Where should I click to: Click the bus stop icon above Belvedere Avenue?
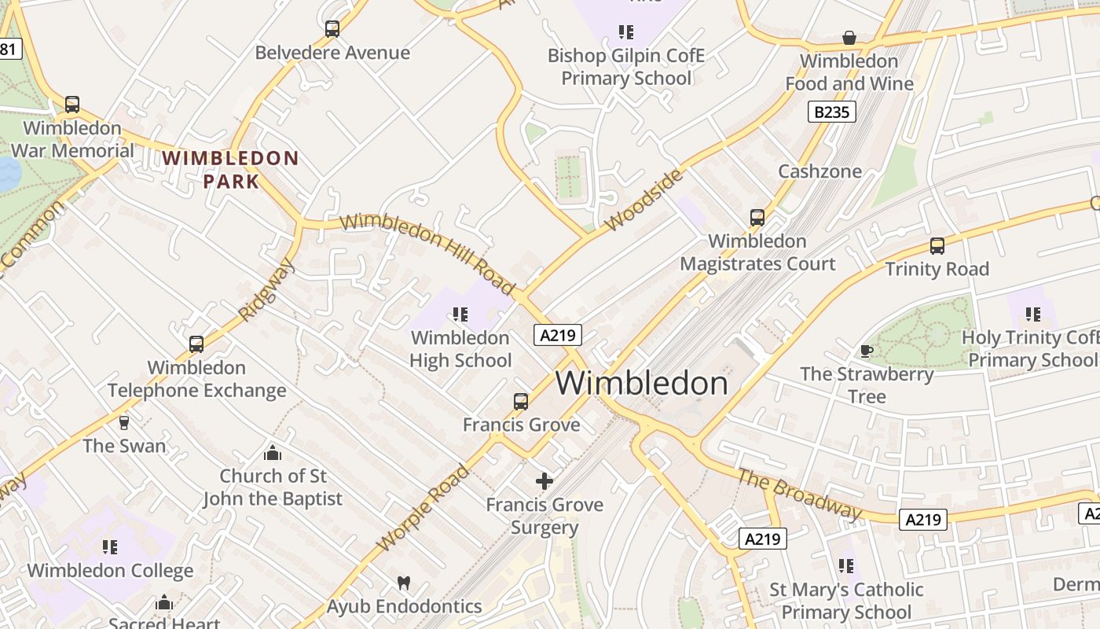click(x=332, y=29)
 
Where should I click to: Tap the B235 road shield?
click(x=831, y=112)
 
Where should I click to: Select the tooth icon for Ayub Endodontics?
click(x=404, y=583)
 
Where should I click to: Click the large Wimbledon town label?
click(x=642, y=384)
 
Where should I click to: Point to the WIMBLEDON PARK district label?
click(x=230, y=170)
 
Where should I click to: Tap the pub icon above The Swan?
click(x=124, y=423)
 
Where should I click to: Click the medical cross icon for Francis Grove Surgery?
click(x=544, y=481)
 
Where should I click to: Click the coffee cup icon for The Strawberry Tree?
click(x=866, y=351)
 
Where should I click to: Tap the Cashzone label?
click(x=819, y=171)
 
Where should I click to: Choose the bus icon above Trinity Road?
click(x=937, y=246)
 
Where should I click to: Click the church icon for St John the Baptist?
click(x=273, y=453)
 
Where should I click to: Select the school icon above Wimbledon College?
click(x=110, y=547)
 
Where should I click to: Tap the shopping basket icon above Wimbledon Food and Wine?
click(x=849, y=38)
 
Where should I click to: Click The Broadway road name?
click(x=800, y=495)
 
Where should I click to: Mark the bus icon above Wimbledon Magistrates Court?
click(x=757, y=218)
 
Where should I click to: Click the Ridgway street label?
click(x=267, y=289)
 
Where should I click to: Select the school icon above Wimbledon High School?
click(x=460, y=314)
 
